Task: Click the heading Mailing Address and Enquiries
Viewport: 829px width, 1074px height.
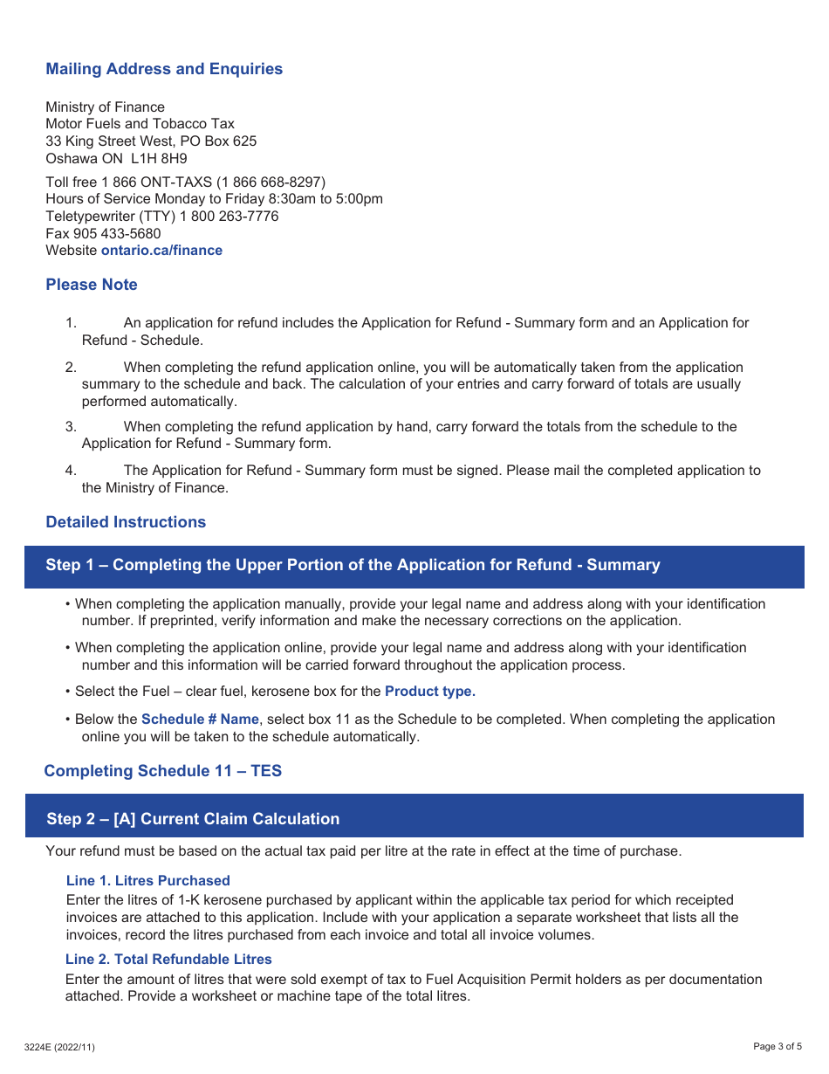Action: click(164, 69)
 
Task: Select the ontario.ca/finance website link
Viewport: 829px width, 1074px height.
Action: click(161, 251)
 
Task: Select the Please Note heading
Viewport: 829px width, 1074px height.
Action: click(92, 285)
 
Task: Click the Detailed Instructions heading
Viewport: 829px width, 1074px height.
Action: click(126, 522)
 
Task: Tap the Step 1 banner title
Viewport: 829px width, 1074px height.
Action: click(353, 565)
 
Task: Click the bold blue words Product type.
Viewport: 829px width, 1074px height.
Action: click(430, 692)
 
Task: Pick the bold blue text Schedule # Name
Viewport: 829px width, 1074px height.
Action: click(200, 719)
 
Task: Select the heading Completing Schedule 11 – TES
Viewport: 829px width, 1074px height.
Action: click(163, 771)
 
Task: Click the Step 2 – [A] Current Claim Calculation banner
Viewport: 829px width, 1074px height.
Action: click(193, 819)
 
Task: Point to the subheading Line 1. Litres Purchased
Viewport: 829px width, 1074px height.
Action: click(148, 880)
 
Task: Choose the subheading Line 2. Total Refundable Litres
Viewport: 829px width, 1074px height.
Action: click(168, 959)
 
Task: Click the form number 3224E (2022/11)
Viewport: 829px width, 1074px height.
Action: click(59, 1047)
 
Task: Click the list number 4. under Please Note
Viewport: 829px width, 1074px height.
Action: click(71, 471)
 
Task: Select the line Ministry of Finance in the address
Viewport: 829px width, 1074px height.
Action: click(105, 107)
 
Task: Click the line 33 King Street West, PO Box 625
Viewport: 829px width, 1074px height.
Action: click(151, 141)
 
